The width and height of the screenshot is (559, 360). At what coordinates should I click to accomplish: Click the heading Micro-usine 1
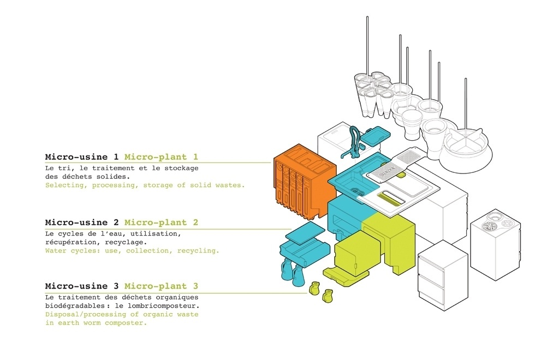point(82,157)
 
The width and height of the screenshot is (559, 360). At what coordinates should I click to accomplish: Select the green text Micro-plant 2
point(161,223)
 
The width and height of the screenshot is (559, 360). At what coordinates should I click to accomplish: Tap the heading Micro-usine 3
point(82,286)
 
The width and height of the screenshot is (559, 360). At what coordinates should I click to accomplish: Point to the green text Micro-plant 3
point(161,286)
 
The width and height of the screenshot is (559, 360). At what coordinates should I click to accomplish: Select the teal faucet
point(354,141)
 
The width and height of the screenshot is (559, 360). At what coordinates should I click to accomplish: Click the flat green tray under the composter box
point(346,276)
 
